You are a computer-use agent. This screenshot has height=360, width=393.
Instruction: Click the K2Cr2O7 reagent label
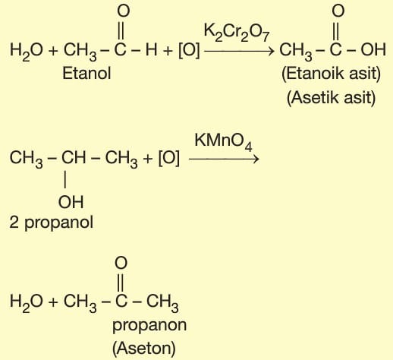tap(237, 33)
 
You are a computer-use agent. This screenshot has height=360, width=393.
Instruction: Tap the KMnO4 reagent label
tap(223, 142)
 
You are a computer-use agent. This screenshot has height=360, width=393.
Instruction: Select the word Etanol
tap(86, 74)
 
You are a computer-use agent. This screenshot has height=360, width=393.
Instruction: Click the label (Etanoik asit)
tap(331, 74)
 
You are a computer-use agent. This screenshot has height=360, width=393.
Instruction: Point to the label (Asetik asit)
tap(331, 97)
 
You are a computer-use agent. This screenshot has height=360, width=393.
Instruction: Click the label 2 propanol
tap(52, 223)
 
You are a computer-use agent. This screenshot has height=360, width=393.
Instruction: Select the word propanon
tap(149, 325)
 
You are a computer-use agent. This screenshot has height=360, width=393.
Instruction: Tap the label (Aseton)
tap(144, 349)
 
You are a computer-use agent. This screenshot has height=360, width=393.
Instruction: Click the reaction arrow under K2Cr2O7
tap(239, 52)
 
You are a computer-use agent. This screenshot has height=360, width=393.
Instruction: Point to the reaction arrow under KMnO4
tap(224, 159)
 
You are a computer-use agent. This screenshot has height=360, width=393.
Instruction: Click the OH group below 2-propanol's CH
tap(71, 202)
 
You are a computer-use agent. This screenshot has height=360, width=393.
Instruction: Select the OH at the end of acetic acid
tap(373, 49)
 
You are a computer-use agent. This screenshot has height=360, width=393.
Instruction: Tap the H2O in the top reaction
tap(27, 51)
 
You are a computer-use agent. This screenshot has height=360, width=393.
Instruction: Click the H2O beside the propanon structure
tap(27, 302)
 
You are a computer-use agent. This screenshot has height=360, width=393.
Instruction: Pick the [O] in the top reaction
tap(189, 50)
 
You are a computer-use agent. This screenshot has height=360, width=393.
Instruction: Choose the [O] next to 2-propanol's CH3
tap(169, 158)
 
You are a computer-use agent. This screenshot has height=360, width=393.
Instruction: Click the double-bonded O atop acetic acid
tap(338, 11)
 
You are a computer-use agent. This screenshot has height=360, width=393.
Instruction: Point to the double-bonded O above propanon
tap(121, 263)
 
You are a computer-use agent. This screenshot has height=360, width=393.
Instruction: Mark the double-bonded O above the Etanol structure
tap(124, 11)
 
